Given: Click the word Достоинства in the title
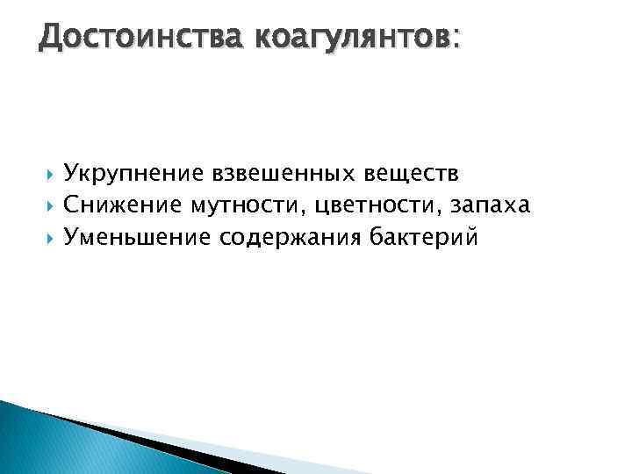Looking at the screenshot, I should (x=141, y=38).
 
